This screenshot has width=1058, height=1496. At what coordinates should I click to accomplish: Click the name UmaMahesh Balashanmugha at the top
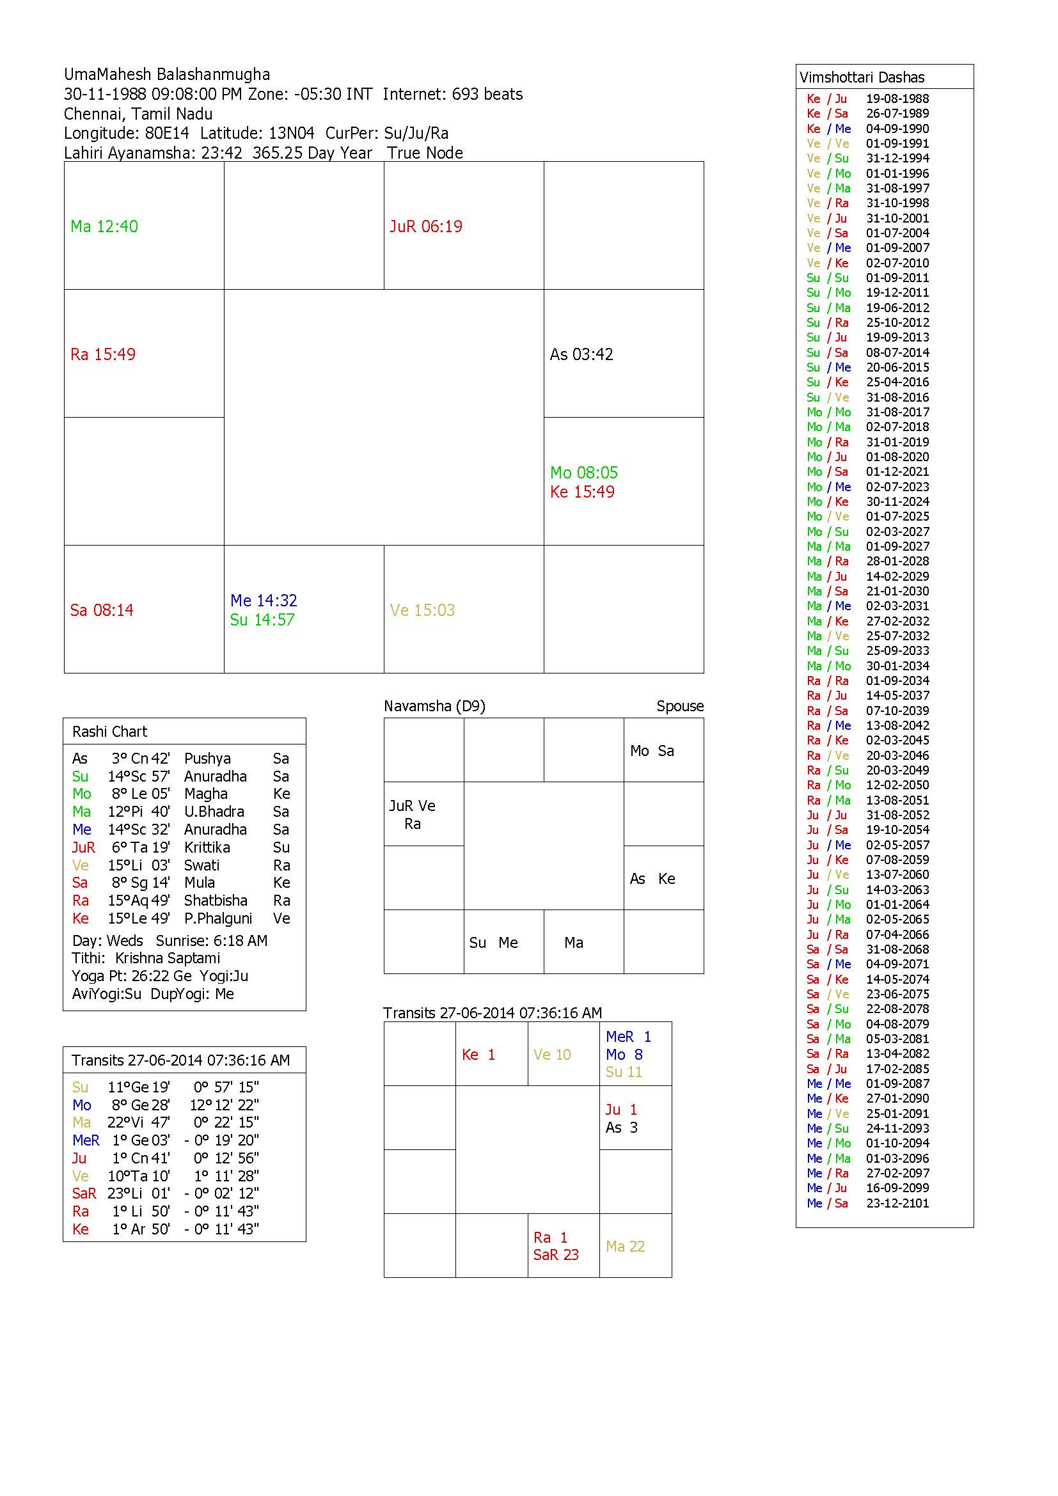[167, 74]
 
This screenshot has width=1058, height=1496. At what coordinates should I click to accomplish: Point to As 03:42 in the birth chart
[581, 354]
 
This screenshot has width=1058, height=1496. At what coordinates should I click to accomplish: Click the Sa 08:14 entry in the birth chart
[102, 610]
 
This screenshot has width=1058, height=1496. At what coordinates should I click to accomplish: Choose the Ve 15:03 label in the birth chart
[422, 610]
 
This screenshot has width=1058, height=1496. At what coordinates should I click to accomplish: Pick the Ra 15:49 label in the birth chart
[103, 354]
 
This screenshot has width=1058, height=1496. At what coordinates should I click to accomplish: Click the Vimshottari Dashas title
[862, 77]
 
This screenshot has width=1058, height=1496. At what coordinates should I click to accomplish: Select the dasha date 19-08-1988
[897, 99]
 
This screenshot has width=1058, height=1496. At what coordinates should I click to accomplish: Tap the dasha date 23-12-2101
[897, 1204]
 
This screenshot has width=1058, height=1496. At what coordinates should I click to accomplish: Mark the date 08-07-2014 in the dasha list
[897, 352]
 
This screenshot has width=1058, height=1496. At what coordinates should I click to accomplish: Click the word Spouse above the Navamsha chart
[679, 706]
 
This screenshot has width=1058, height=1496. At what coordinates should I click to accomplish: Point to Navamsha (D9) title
[434, 706]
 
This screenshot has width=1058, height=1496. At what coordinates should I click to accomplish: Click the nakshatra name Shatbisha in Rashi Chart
[216, 901]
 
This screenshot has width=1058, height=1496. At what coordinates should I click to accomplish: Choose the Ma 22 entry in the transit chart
[625, 1247]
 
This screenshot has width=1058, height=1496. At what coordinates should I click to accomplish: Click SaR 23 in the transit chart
[556, 1255]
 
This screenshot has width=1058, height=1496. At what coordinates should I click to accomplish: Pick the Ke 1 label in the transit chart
[479, 1055]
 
